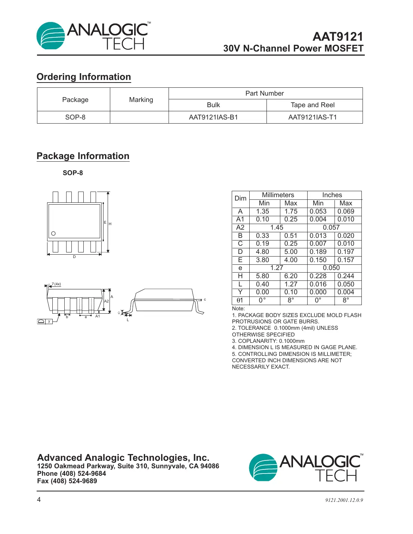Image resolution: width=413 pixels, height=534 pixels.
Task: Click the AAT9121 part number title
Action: (x=338, y=37)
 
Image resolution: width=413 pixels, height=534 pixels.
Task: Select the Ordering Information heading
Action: (x=84, y=77)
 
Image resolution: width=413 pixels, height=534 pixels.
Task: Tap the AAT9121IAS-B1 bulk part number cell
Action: (x=213, y=117)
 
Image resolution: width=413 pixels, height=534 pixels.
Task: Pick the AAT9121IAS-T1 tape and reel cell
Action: (x=312, y=117)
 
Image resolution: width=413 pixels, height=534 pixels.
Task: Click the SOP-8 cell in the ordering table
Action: (x=75, y=117)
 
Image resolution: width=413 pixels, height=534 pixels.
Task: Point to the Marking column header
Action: (x=141, y=100)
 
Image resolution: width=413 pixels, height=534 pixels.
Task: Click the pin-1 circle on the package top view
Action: (x=53, y=233)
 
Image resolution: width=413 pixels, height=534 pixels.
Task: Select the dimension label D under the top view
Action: (x=74, y=257)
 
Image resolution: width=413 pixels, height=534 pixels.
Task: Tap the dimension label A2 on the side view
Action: (x=107, y=301)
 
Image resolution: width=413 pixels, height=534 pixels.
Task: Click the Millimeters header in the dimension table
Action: (x=278, y=195)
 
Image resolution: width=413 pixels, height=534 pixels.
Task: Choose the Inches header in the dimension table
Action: (x=332, y=195)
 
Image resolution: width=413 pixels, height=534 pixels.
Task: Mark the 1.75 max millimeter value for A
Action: (x=291, y=211)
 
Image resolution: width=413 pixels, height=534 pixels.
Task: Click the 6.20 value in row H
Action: (x=291, y=276)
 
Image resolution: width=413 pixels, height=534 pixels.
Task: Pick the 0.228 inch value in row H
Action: (x=318, y=276)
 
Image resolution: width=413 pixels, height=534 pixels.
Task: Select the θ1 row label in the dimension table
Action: (x=240, y=300)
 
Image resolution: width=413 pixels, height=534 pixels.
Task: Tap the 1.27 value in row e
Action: (x=277, y=268)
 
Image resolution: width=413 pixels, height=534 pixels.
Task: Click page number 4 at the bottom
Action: (x=39, y=500)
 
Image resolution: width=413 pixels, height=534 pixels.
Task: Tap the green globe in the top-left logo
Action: (x=50, y=36)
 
